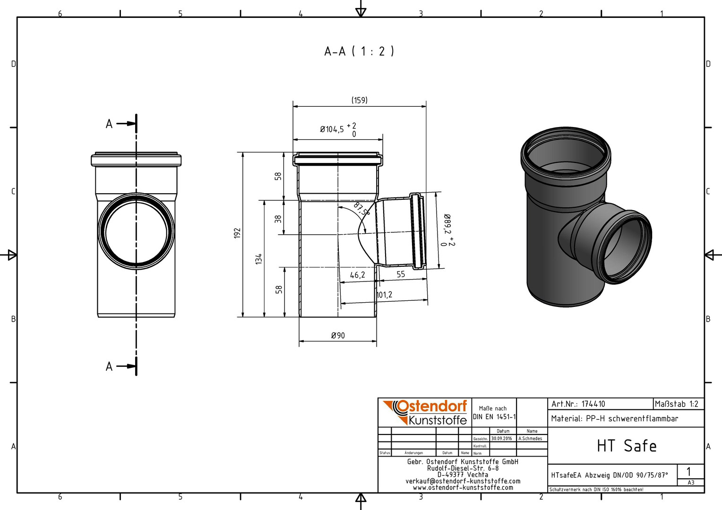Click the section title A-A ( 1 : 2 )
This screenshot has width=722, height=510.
point(359,51)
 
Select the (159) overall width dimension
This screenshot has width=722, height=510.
point(360,100)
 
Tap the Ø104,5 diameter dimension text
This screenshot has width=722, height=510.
point(332,129)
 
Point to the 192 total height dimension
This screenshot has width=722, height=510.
point(237,233)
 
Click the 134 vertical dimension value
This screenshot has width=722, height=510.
point(259,259)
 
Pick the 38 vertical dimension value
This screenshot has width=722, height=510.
point(278,219)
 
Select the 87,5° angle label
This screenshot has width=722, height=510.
point(361,208)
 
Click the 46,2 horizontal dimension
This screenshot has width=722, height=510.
point(357,275)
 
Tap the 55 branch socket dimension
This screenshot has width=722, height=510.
point(401,274)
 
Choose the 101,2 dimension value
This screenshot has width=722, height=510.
point(384,295)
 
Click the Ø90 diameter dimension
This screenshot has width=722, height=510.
point(338,336)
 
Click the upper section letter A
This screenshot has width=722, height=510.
point(109,124)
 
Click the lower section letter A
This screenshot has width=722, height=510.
point(109,366)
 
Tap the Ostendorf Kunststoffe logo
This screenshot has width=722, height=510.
point(425,413)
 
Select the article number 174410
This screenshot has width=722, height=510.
point(593,404)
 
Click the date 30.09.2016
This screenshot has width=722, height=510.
point(501,439)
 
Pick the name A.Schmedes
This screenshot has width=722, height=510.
point(530,439)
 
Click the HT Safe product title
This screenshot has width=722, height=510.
point(627,446)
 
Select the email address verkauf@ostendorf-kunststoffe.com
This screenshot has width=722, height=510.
point(463,481)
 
